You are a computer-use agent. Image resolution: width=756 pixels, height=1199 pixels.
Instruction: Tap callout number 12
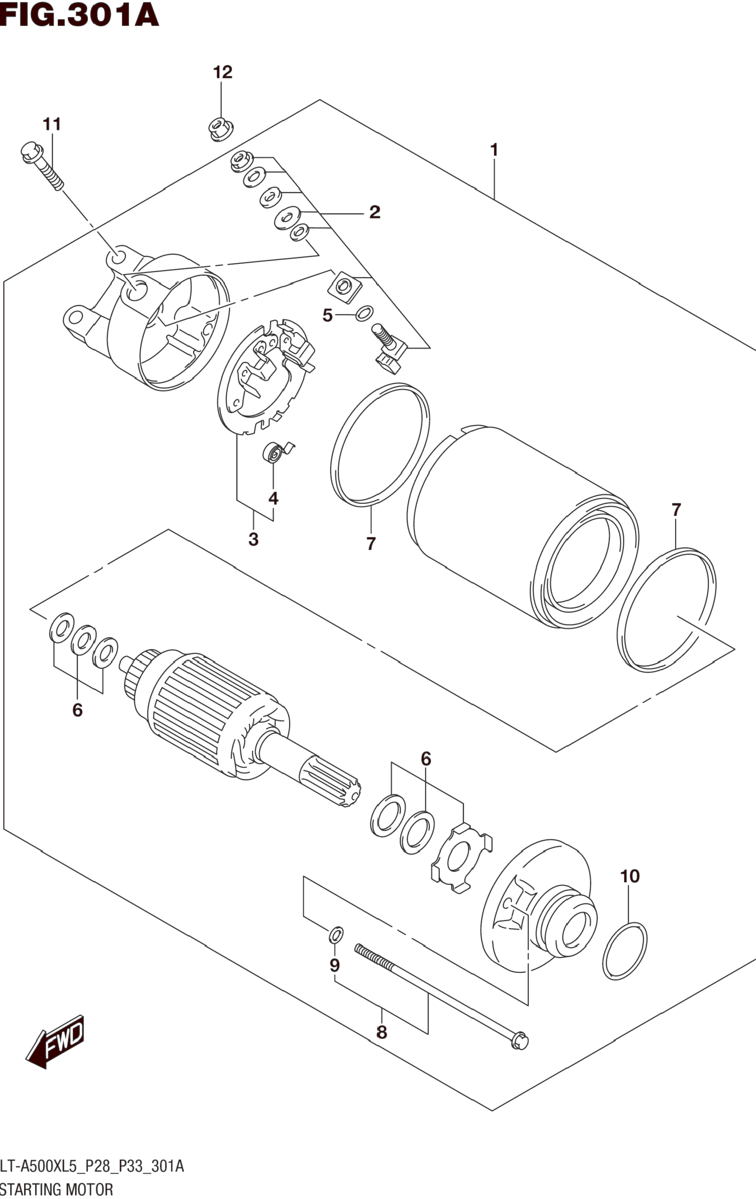[223, 73]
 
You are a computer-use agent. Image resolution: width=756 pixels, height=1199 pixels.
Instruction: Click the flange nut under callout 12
[221, 129]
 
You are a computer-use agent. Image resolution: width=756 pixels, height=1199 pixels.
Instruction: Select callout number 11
[52, 124]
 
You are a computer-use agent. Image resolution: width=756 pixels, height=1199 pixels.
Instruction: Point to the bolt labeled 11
[42, 166]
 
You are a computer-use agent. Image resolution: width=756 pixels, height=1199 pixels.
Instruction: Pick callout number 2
[375, 212]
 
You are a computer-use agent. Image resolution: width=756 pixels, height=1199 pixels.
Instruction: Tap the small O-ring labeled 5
[365, 313]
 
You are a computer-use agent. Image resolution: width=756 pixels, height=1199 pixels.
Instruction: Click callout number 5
[327, 315]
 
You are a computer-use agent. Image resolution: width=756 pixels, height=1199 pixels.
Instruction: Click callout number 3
[253, 539]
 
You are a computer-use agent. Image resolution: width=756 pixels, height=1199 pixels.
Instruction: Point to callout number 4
[273, 498]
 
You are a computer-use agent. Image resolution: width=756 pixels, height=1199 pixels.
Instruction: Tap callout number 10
[630, 876]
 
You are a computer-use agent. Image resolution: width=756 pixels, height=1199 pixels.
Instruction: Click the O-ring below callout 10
[625, 951]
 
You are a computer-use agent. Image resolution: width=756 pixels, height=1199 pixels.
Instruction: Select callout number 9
[335, 965]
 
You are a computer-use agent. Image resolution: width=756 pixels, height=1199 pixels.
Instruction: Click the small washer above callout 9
[336, 935]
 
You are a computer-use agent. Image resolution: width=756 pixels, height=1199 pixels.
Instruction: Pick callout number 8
[381, 1032]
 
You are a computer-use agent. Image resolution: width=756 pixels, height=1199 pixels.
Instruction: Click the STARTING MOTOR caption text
[57, 1189]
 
